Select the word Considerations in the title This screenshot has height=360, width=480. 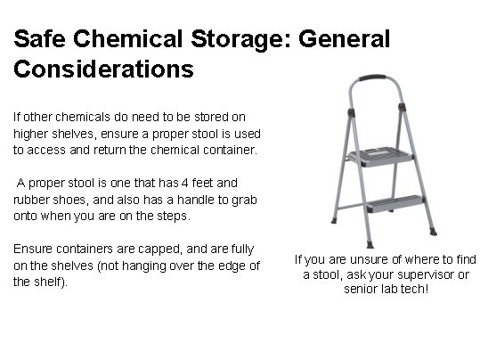[102, 68]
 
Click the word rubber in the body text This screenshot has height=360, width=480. [31, 200]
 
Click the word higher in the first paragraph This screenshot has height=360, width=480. [30, 134]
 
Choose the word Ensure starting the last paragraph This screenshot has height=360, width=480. [32, 249]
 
